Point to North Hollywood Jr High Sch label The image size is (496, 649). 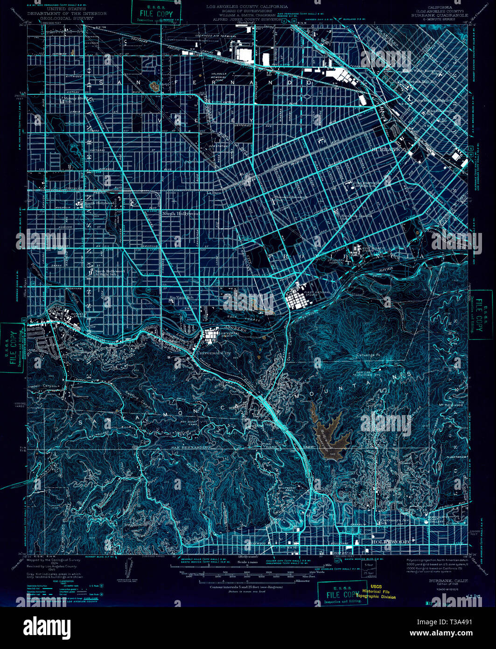coord(110,273)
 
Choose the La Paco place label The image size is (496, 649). coord(214,192)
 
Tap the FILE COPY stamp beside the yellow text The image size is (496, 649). coord(342,594)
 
